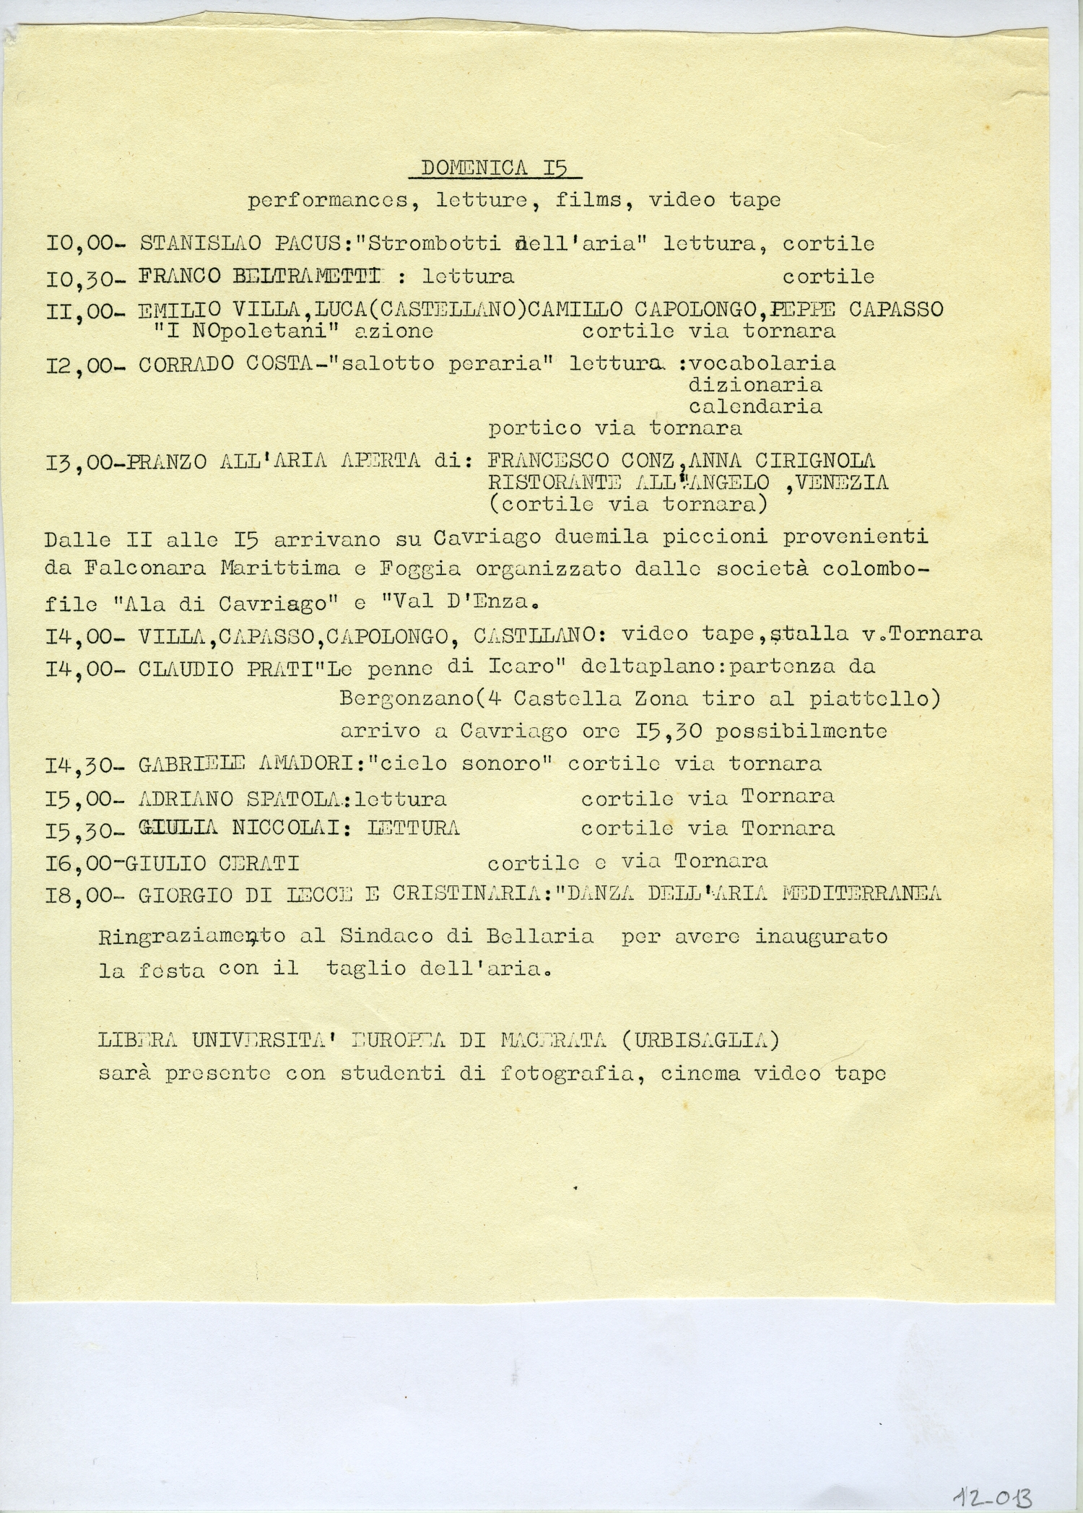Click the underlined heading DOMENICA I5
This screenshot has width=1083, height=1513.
coord(494,168)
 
